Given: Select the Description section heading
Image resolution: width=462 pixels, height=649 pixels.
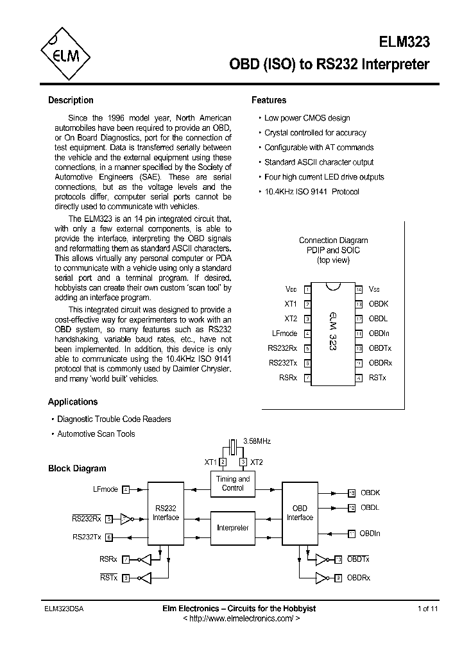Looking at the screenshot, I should coord(71,100).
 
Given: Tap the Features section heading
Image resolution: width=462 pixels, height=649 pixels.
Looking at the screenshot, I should coord(269,100).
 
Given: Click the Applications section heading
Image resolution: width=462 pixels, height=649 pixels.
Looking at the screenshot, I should coord(73,401).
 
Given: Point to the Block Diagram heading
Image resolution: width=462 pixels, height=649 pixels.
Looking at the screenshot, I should coord(77,468).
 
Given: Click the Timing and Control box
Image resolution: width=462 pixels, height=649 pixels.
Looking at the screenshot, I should coord(233,483).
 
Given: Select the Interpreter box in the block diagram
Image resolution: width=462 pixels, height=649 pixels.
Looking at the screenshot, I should coord(233,528).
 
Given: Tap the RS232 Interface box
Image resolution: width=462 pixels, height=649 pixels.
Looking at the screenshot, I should coord(165,512).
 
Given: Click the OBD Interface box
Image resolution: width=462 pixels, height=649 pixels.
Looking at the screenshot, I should coord(300,512).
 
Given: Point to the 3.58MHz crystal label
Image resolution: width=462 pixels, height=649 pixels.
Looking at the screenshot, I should coord(257,441).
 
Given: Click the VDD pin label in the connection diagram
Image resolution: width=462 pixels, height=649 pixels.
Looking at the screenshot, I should coord(291,289).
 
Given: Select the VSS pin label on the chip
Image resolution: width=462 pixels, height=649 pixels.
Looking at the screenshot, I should coord(375,289).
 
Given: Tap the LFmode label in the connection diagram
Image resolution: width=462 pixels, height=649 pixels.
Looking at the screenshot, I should coord(285,333).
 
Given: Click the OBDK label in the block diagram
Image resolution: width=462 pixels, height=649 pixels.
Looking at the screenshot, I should coord(370,493).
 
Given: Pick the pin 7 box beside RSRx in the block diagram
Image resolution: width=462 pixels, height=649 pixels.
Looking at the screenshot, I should coord(126,559).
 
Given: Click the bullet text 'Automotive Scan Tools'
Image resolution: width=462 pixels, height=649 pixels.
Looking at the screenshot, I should coord(96,434).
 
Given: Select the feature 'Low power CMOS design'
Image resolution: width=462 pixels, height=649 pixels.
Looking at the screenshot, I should coord(307,118).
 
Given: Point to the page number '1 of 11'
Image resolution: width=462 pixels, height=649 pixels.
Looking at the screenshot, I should coord(427,609).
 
